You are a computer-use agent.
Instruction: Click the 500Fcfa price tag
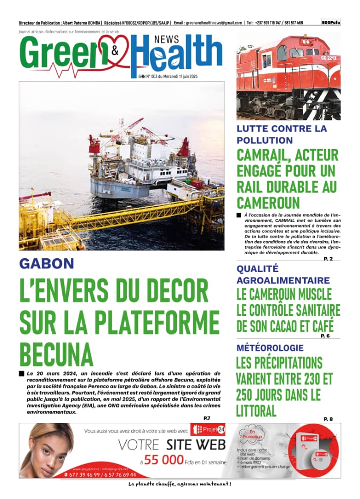coord(331,22)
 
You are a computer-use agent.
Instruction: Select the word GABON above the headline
coord(47,264)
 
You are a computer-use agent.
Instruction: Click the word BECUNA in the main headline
coord(56,355)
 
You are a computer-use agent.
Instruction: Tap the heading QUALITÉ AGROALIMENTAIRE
coord(283,274)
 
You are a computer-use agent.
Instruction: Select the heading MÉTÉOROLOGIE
coord(270,348)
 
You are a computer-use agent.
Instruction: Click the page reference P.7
coord(207,418)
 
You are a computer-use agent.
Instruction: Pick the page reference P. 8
coord(328,419)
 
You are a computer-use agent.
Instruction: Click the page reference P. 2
coord(328,259)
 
